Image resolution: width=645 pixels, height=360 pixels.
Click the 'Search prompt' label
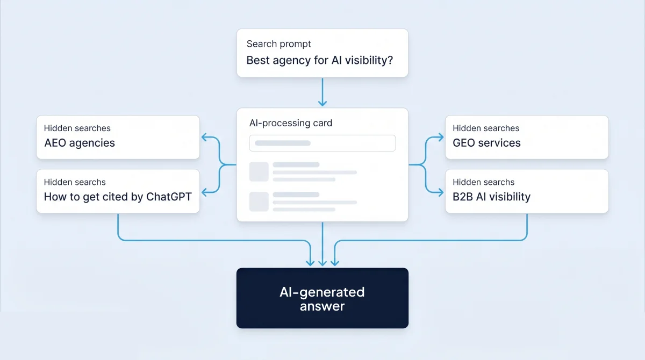pos(278,44)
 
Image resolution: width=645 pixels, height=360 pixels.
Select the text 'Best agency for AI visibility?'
pos(320,60)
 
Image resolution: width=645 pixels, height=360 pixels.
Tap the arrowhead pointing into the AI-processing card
pos(322,103)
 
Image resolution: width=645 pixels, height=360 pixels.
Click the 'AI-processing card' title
pos(291,123)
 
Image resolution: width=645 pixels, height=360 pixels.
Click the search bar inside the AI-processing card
pos(322,143)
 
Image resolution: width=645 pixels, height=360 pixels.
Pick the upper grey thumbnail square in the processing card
pos(259,172)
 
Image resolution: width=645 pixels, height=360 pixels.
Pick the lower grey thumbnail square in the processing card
pos(259,201)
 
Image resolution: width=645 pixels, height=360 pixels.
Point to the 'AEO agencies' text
pos(80,143)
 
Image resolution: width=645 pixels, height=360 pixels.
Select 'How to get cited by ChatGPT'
pos(118,197)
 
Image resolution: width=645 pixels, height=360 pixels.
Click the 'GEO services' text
pos(486,143)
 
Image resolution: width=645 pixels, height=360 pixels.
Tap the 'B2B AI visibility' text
pos(491,197)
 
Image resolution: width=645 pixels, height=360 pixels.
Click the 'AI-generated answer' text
pos(322,299)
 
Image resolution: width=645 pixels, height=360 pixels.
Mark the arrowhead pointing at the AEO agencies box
pos(204,137)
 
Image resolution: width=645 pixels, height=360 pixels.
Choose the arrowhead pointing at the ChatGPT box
pos(204,192)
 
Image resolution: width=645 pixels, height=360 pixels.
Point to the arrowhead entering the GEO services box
pos(441,137)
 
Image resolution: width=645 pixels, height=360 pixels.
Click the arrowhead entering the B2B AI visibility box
pos(441,192)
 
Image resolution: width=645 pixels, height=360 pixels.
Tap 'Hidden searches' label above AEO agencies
pos(77,128)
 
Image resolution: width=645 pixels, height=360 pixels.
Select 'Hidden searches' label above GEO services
pos(486,128)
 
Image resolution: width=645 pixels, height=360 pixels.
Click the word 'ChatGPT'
pos(169,197)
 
